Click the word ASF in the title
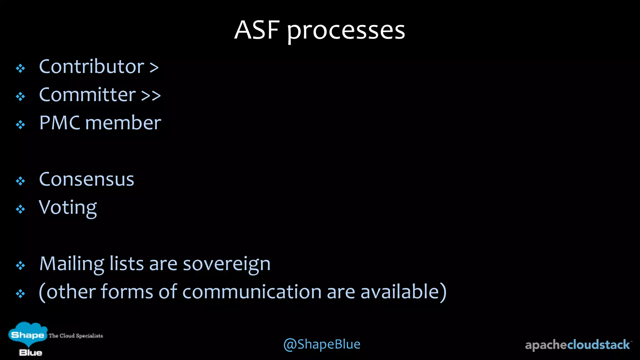257,30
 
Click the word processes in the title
346,31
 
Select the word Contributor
92,67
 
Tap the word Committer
87,95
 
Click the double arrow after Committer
151,95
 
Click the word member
123,123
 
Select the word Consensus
87,179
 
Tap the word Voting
68,208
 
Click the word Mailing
72,264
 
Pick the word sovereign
227,264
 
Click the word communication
252,292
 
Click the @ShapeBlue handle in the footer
322,344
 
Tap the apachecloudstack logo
578,345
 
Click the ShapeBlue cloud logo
27,338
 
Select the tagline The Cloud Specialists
76,336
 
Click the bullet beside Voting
21,209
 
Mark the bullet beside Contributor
21,68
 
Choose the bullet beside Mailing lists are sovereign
21,265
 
